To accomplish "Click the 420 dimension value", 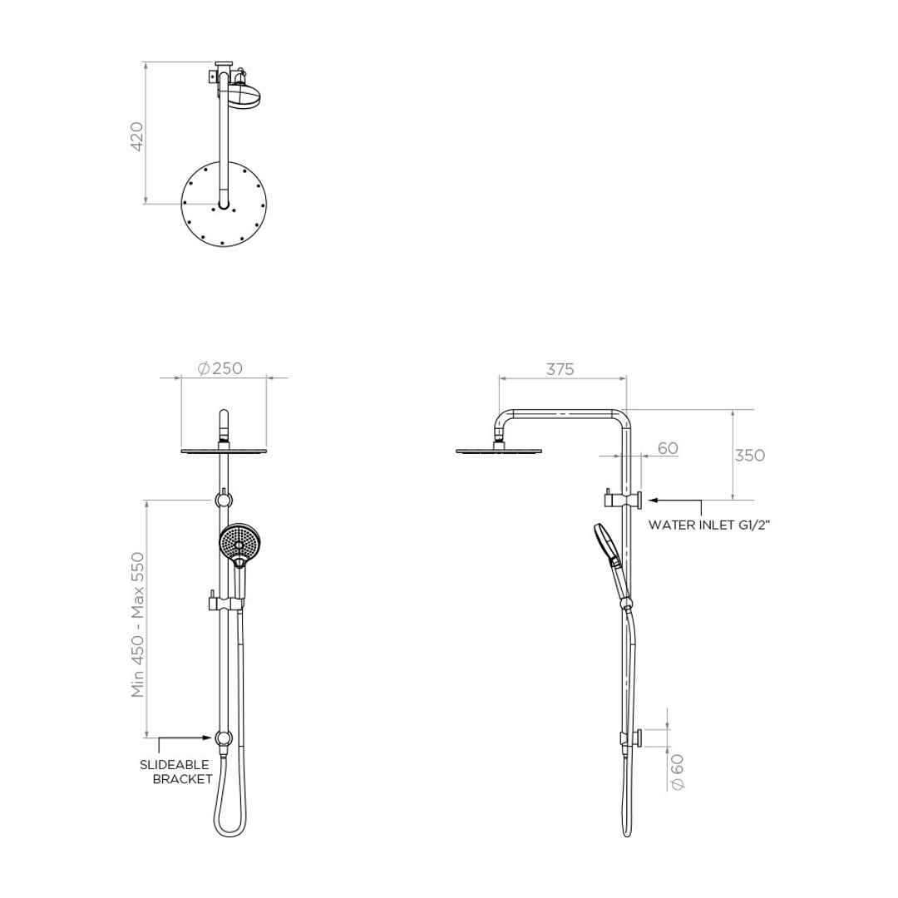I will (137, 136).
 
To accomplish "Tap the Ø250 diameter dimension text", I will (220, 368).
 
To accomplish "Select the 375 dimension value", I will (560, 370).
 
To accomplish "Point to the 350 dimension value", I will (749, 455).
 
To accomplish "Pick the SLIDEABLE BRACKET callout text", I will (175, 772).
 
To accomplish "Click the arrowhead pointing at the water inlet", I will (653, 501).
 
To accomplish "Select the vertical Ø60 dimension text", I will (677, 772).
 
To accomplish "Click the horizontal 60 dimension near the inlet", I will (668, 448).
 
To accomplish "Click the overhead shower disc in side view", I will (499, 452).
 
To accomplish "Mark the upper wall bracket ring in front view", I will (223, 500).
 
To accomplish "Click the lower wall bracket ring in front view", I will (223, 738).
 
